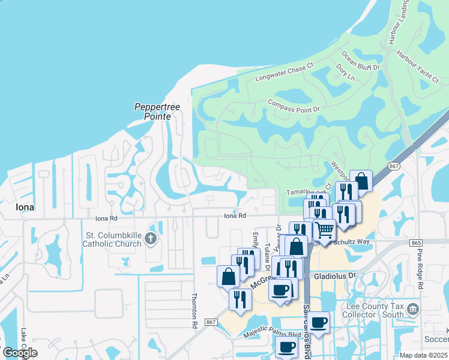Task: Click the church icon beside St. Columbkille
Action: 150,239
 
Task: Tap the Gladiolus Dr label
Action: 335,276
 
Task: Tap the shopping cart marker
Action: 325,230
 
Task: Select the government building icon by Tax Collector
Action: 413,309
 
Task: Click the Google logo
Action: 20,353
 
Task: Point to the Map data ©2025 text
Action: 423,355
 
